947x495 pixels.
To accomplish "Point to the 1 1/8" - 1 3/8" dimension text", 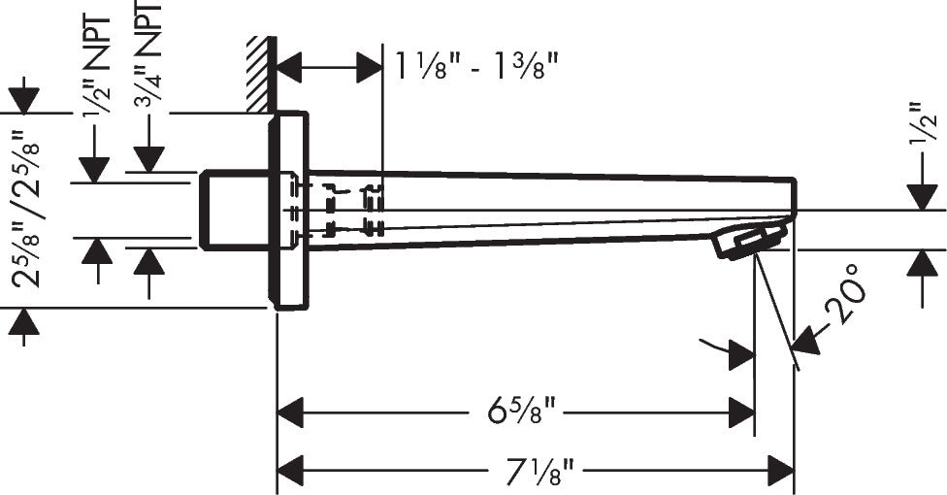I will coord(475,67).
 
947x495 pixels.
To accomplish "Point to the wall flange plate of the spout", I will coord(289,211).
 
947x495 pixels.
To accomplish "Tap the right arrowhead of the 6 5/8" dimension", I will coord(741,413).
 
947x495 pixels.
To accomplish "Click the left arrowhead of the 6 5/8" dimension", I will coord(291,413).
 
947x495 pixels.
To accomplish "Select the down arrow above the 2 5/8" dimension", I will coord(23,100).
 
